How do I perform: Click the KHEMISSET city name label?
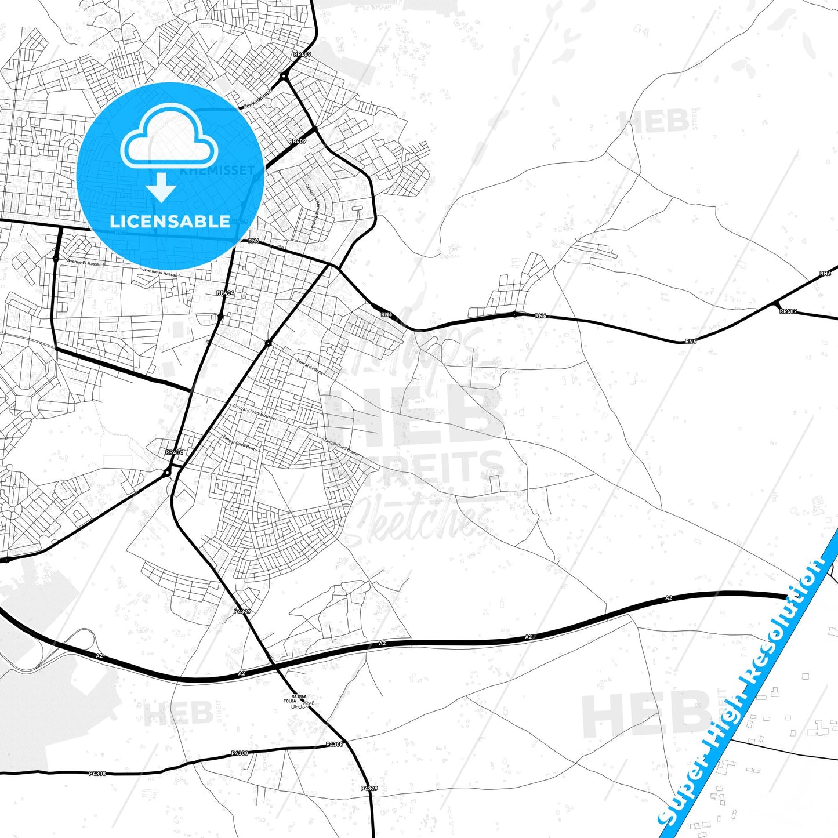click(217, 170)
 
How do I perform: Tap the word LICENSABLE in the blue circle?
click(170, 222)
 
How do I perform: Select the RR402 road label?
click(788, 311)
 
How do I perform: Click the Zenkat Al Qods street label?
click(309, 367)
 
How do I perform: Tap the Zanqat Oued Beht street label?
click(238, 443)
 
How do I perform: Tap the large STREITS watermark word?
click(418, 470)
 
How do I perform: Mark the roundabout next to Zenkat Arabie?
click(284, 76)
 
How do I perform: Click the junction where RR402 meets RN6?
click(775, 303)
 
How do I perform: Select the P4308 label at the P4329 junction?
click(335, 744)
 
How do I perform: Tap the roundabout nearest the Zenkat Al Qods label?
click(268, 343)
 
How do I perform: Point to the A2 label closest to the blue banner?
click(669, 598)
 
